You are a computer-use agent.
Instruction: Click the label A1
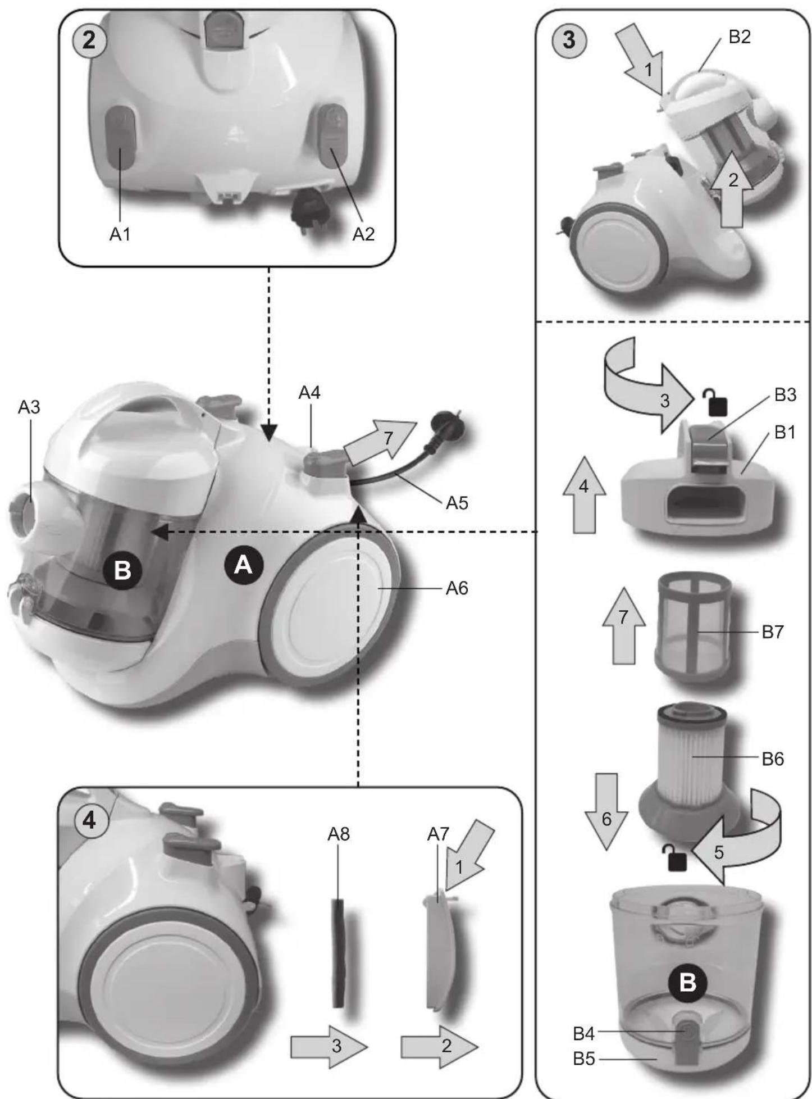120,234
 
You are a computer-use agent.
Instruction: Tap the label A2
363,234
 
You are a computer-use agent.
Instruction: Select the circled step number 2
89,41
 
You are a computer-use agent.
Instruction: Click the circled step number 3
568,40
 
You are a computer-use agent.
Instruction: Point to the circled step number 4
89,821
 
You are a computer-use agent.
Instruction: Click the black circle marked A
243,564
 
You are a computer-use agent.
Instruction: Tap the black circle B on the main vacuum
122,571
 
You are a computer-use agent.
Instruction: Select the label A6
457,588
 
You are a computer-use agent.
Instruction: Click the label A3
29,407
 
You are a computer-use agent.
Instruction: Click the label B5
583,1059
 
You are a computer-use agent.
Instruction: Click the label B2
739,37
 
